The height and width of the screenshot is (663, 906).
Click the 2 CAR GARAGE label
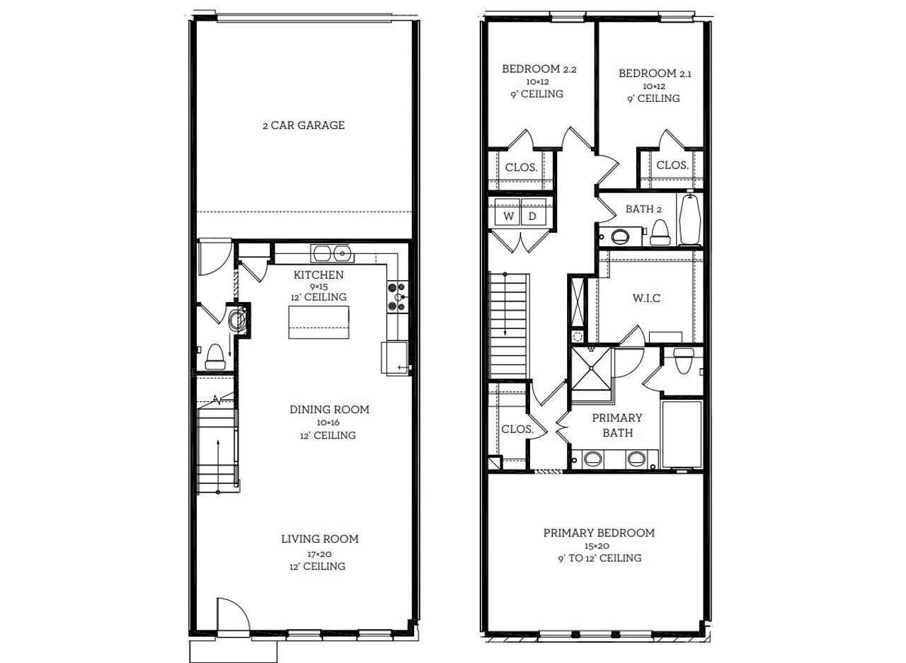tap(303, 125)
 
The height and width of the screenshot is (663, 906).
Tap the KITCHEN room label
tap(319, 275)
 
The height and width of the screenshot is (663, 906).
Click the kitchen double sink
tap(331, 253)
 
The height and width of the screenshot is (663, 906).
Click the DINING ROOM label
tap(329, 410)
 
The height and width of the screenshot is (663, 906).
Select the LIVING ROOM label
tap(320, 539)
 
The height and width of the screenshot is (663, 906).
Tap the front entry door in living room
tap(232, 614)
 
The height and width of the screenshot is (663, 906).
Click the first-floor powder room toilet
tap(215, 357)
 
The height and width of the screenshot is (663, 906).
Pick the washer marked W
tap(508, 217)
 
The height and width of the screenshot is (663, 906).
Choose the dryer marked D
tap(533, 217)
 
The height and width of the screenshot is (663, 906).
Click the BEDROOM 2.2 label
tap(539, 69)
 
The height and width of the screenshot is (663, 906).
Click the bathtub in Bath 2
tap(690, 219)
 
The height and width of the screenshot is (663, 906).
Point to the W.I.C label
tap(646, 299)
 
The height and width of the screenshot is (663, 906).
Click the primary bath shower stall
tap(590, 368)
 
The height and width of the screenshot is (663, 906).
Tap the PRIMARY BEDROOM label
tap(599, 533)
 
